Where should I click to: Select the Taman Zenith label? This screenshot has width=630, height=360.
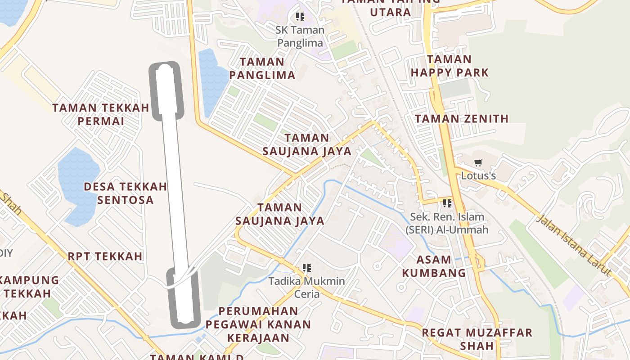461,119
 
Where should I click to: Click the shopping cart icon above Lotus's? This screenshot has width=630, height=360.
478,162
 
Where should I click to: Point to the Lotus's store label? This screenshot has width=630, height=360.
478,175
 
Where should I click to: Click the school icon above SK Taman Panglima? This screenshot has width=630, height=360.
300,17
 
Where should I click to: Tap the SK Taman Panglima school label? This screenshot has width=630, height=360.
300,36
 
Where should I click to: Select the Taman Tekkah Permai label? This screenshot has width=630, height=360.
100,114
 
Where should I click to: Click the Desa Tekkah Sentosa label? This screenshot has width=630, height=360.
126,193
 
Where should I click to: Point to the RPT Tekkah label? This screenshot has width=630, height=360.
105,256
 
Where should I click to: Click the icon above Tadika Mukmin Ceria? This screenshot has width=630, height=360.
307,268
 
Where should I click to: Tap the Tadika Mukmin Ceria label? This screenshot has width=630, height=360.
307,288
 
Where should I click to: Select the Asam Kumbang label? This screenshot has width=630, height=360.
434,266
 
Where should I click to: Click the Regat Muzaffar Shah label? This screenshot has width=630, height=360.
477,339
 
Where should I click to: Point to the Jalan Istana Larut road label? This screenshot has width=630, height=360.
575,245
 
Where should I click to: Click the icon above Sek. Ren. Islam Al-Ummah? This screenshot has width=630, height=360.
447,203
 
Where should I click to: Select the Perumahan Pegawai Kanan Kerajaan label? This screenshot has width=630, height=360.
258,324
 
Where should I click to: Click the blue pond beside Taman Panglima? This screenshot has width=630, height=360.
212,81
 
